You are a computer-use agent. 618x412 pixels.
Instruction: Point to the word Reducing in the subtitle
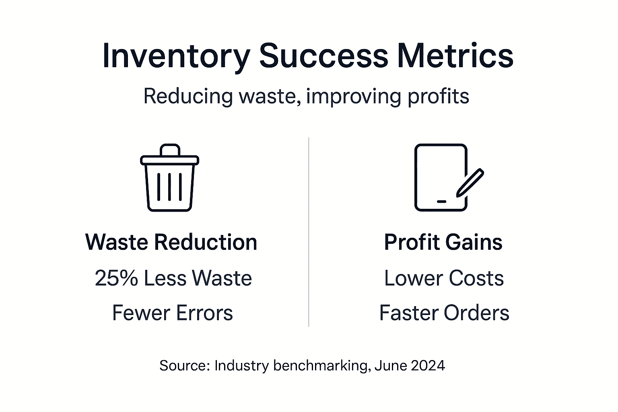[x=188, y=97]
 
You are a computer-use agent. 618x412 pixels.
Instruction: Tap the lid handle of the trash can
[x=169, y=149]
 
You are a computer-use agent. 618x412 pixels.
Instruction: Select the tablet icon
[x=441, y=177]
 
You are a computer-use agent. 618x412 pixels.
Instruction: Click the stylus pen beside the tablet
[x=470, y=183]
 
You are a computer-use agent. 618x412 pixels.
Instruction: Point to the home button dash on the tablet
[x=441, y=201]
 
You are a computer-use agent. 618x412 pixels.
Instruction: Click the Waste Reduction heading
[x=171, y=242]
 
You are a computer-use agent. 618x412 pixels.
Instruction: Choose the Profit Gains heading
[x=443, y=242]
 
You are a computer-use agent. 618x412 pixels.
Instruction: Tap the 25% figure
[x=116, y=278]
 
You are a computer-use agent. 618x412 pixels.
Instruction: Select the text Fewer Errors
[x=172, y=313]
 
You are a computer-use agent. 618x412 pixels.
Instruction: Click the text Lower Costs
[x=444, y=278]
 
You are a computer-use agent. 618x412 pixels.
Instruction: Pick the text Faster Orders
[x=444, y=313]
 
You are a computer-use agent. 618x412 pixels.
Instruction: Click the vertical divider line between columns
[x=309, y=231]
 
